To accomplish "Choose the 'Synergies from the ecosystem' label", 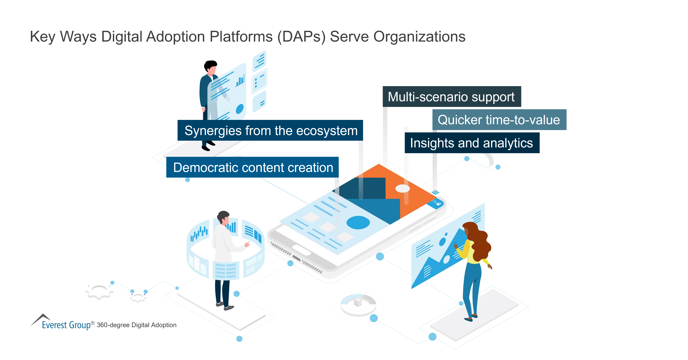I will point(270,131).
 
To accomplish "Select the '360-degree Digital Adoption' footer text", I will point(136,325).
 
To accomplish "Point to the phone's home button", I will point(301,250).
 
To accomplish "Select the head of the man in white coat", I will point(223,217).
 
